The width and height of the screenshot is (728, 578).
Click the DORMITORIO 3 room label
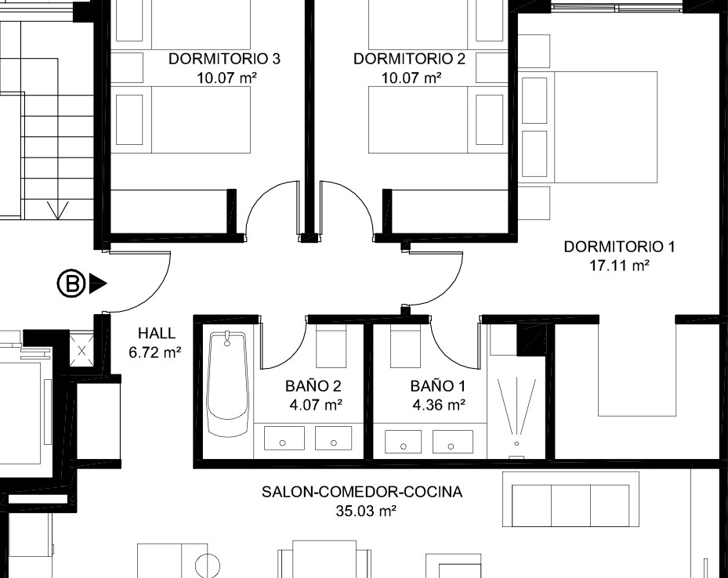point(224,59)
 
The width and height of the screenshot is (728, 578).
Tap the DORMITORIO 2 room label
point(409,59)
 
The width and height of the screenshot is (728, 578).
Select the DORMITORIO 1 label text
point(619,247)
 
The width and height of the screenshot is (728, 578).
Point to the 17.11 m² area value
point(619,266)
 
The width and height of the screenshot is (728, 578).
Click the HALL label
point(157,333)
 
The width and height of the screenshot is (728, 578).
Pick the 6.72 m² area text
point(155,352)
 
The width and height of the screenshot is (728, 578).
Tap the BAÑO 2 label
point(313,386)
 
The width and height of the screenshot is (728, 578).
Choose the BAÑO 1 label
point(438,386)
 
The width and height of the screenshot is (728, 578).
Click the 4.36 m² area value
point(439,405)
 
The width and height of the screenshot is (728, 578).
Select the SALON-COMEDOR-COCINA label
point(362,492)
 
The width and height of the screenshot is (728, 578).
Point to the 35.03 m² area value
point(366,511)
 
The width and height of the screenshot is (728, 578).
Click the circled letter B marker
point(71,284)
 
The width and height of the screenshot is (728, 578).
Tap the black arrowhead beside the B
point(98,284)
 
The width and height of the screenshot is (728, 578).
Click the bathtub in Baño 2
point(227,384)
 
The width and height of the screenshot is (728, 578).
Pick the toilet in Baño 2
point(331,346)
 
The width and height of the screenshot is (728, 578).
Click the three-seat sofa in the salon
point(571,500)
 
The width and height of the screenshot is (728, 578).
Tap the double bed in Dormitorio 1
point(588,127)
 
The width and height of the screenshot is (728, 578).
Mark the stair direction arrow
point(58,210)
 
